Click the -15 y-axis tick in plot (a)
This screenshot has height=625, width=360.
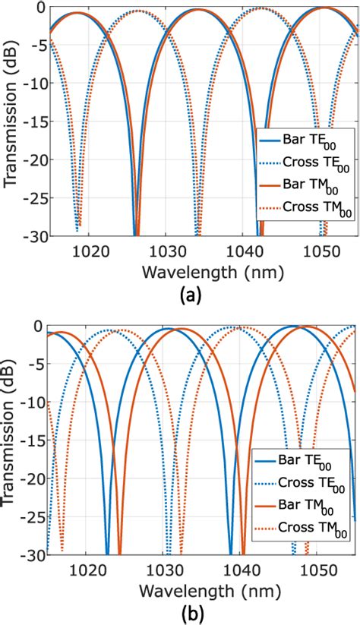(33, 122)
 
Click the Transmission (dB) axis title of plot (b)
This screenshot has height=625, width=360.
(11, 440)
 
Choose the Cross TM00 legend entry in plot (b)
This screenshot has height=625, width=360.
(308, 526)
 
